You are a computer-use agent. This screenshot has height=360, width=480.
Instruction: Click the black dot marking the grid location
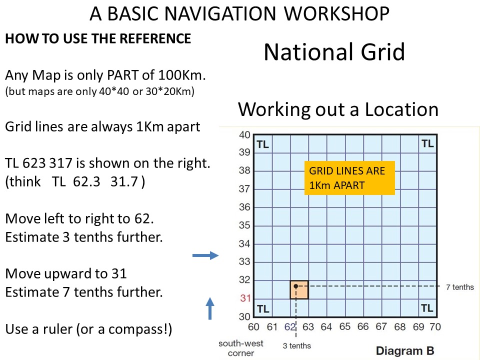coord(295,286)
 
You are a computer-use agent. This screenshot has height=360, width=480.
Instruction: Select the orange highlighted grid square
coord(299,289)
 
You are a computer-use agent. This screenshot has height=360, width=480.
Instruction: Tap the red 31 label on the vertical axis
coord(245,298)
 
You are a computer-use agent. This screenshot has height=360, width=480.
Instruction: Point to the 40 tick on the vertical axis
coord(244,134)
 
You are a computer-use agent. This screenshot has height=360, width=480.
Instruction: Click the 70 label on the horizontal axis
coord(435,327)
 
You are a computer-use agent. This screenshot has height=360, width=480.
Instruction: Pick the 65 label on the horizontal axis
coord(344,327)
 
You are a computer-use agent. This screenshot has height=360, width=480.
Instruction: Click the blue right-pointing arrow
coord(205,255)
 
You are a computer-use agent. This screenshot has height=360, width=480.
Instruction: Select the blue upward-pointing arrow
coord(210,308)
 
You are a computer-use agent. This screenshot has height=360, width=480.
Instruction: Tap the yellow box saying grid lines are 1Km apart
coord(349,178)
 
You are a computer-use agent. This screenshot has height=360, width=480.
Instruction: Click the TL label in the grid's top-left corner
coord(262,144)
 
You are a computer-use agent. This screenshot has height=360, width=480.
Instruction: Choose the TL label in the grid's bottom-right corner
coord(427,308)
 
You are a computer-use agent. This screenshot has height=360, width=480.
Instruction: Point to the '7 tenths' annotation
coord(460,287)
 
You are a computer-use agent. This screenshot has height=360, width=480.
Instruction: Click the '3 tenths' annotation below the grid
coord(296,345)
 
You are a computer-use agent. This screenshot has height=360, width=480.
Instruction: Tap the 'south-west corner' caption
coord(241,348)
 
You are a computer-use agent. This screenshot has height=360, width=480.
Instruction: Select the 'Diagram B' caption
coord(404,351)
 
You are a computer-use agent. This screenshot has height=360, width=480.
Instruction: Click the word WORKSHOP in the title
coord(336,14)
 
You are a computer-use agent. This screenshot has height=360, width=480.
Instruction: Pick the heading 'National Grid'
coord(334,51)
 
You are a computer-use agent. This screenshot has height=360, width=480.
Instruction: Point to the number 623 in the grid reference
coord(32,163)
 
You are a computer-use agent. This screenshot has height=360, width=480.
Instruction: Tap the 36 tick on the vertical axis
coord(244,207)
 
